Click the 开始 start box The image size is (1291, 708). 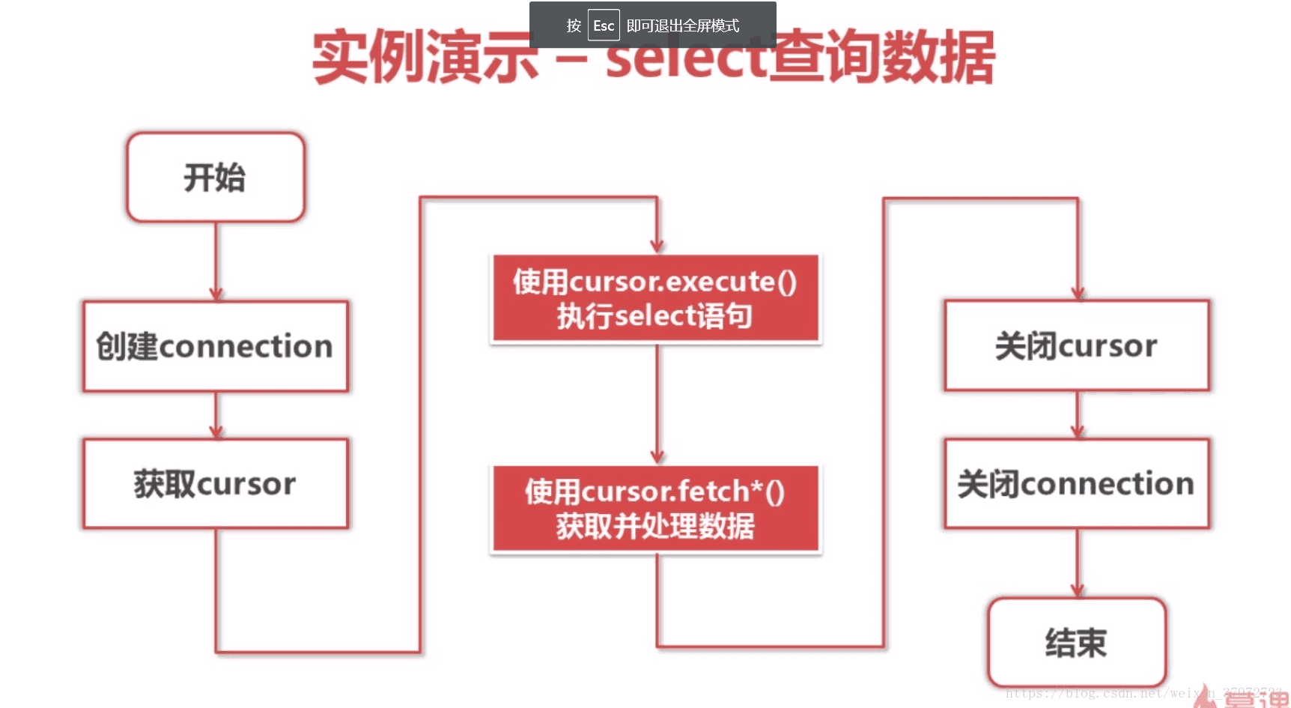tap(216, 178)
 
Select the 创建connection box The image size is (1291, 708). tap(216, 346)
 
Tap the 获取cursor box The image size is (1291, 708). tap(216, 484)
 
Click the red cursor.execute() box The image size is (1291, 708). tap(655, 298)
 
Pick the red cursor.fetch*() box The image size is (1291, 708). tap(655, 509)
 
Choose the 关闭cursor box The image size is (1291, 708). tap(1077, 345)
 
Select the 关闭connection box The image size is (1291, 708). tap(1077, 484)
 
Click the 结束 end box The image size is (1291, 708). tap(1077, 643)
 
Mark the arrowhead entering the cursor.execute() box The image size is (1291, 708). tap(657, 246)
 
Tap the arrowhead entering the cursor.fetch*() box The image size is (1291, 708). tap(657, 456)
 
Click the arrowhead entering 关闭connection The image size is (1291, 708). tap(1078, 432)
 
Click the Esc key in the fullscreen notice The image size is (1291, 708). tap(604, 25)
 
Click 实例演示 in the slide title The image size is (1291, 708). tap(425, 58)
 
